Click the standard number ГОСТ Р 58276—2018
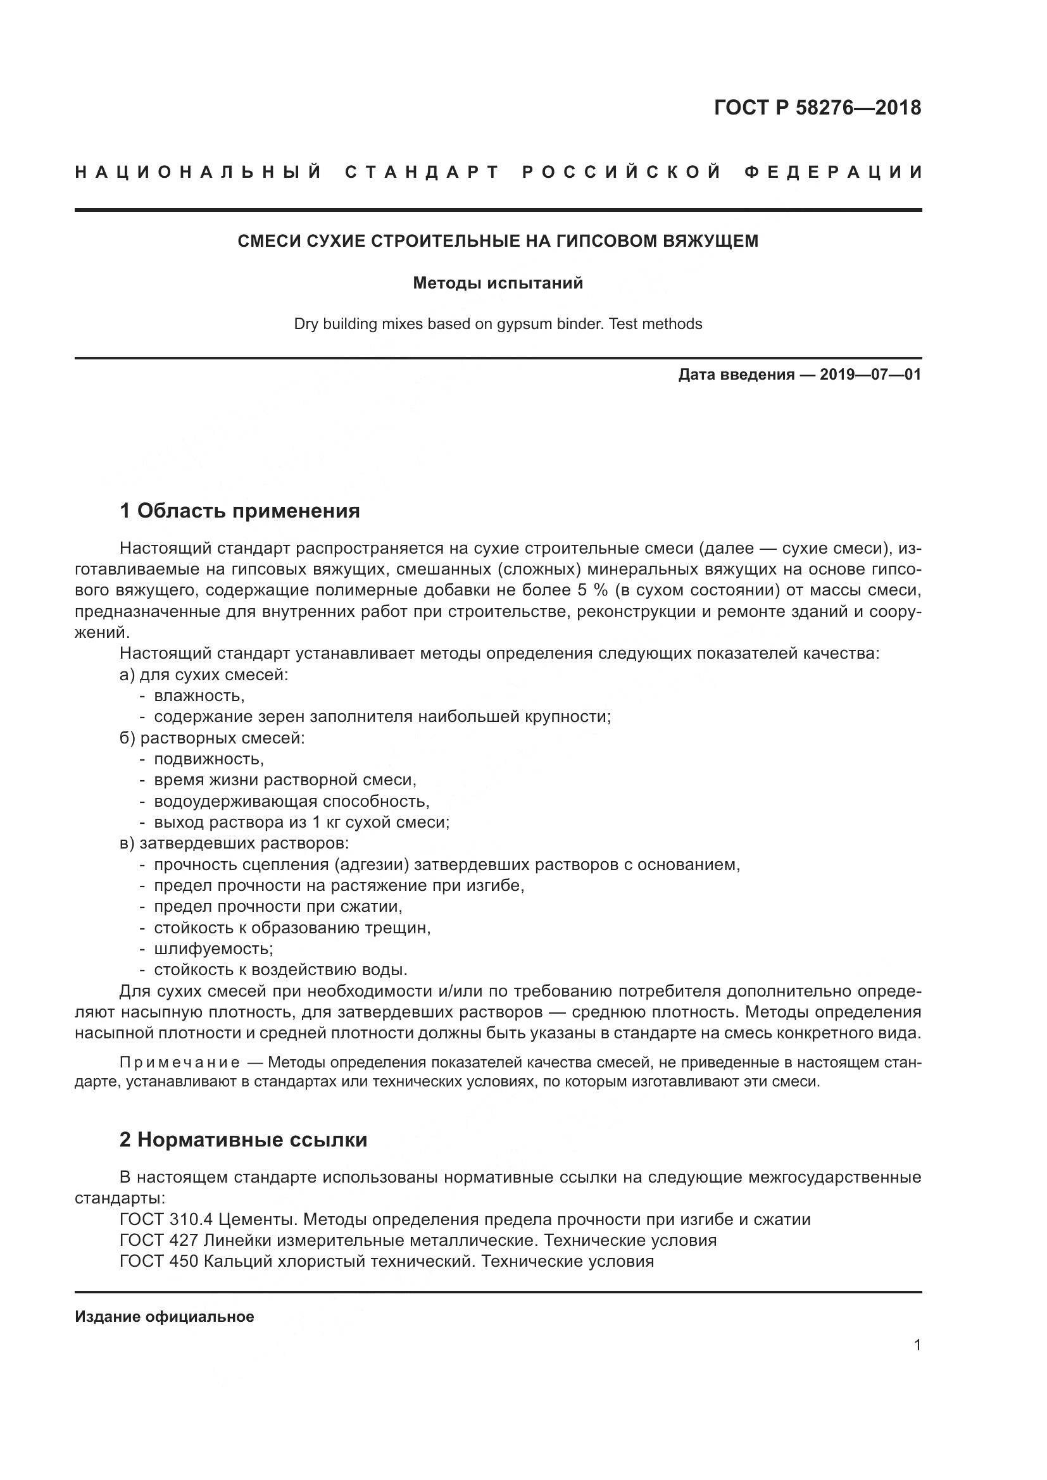pos(817,108)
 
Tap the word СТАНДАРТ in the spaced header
pos(422,172)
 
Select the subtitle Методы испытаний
pos(498,283)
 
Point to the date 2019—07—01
pos(870,375)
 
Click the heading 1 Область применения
pos(240,511)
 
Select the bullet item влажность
pos(199,695)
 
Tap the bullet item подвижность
pos(209,759)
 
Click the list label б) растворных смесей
pos(212,738)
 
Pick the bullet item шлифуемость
pos(213,949)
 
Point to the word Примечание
pos(180,1062)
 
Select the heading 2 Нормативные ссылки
pos(244,1140)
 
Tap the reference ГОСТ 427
pos(159,1240)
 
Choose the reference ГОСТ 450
pos(159,1262)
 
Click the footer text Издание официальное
pos(165,1317)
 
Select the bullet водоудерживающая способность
pos(291,801)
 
